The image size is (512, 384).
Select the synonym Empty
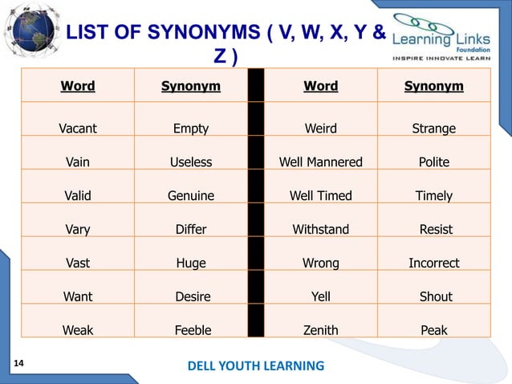pos(191,129)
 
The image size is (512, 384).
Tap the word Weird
pos(320,129)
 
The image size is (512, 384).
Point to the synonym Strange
pos(433,129)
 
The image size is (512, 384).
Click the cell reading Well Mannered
pos(320,162)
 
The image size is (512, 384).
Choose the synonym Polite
pos(433,162)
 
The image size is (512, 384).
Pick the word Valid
pos(78,196)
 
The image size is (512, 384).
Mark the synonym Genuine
pos(191,196)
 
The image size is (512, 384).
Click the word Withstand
pos(320,230)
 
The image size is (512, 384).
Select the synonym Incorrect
pos(433,263)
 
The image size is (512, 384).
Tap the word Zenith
pos(320,330)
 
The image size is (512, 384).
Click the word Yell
pos(320,296)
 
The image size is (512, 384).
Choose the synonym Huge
pos(191,263)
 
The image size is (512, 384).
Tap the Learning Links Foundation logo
pos(449,36)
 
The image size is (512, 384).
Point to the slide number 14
pos(18,364)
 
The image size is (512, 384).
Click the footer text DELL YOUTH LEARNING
pos(256,366)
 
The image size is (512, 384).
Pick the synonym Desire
pos(193,296)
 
